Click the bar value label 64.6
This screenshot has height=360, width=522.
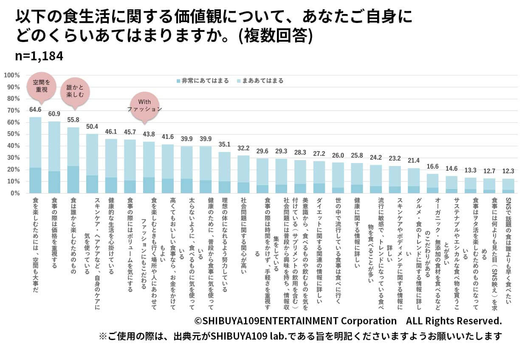[35, 110]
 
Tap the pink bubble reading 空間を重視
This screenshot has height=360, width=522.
[42, 86]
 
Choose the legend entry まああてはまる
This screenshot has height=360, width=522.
[260, 81]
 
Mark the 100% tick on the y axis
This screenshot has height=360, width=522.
[11, 76]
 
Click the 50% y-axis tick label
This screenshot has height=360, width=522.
[13, 134]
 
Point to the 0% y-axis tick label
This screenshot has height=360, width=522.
[14, 193]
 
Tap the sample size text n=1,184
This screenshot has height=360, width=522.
[39, 56]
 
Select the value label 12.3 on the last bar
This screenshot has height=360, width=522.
[508, 172]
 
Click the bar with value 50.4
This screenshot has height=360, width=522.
[92, 163]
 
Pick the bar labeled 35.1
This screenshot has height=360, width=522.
[224, 172]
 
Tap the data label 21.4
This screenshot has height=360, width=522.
[413, 160]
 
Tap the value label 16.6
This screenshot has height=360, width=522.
[432, 166]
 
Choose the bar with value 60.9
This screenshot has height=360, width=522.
[54, 157]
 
